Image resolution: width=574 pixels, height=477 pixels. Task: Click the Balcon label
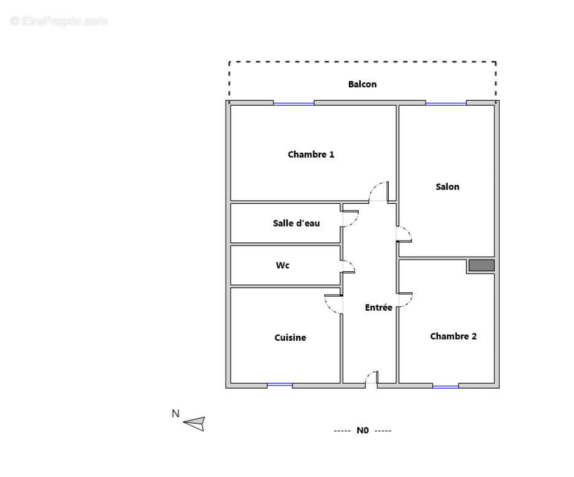coord(362,84)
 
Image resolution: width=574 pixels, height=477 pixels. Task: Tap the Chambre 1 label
coord(311,155)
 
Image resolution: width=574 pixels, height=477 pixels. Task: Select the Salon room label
coord(447,187)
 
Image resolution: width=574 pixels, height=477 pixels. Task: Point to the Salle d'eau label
coord(296,223)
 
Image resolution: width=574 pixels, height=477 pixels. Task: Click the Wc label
coord(282,266)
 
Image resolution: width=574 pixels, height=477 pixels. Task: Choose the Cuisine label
coord(290,338)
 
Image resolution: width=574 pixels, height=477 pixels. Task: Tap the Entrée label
coord(378,308)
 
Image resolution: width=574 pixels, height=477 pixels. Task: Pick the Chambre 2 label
coord(453,336)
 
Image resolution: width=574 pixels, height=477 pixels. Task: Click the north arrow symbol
coord(194,423)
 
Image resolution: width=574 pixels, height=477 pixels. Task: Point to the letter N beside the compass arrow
coord(175,414)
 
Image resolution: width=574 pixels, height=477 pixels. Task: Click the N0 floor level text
coord(362,430)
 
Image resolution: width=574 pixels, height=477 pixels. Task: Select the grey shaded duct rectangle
coord(481,265)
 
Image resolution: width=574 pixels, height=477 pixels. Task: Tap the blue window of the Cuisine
coord(280,385)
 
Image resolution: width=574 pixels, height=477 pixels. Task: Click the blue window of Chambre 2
coord(445,386)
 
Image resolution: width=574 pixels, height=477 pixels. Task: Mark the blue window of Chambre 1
coord(294,103)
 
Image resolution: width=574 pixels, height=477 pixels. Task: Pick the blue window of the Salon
coord(446,103)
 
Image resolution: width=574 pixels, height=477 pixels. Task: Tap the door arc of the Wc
coord(348,266)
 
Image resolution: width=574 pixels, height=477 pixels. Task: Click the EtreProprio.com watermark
coord(59,21)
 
